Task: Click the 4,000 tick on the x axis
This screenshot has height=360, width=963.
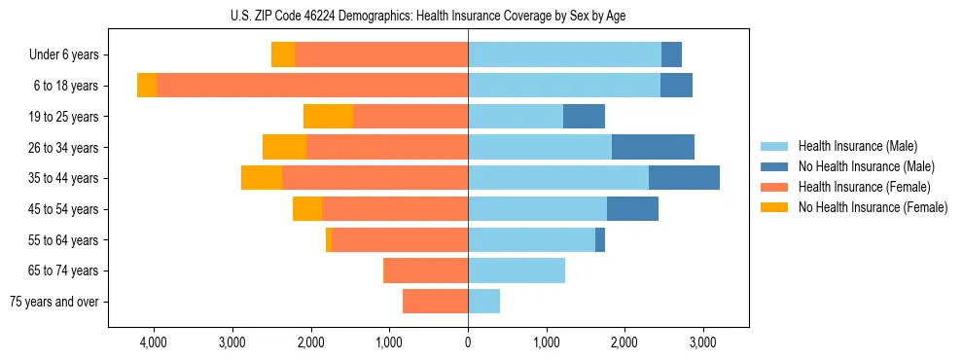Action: pos(154,343)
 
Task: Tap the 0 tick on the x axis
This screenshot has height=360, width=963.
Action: pos(468,343)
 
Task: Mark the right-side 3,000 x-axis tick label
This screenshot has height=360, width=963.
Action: pos(703,343)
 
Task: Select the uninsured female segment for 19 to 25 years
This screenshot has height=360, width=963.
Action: pos(328,117)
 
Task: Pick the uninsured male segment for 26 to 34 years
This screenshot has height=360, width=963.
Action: pos(653,147)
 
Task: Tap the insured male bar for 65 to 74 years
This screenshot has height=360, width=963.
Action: pos(517,270)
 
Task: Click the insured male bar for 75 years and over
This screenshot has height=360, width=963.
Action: pos(483,302)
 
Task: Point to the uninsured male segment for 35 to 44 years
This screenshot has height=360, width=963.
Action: pos(684,178)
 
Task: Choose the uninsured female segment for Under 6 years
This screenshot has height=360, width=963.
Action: pos(283,55)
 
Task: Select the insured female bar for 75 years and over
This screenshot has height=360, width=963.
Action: pos(435,302)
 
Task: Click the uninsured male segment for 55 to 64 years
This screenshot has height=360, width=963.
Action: pos(600,239)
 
